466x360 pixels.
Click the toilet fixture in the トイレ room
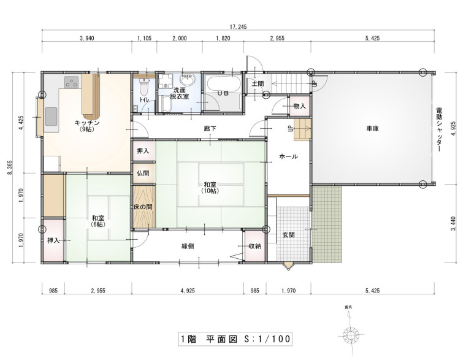pyautogui.click(x=144, y=85)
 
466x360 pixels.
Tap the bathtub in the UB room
pyautogui.click(x=223, y=85)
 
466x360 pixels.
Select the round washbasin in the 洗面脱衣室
pyautogui.click(x=187, y=80)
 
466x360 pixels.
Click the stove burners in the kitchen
pyautogui.click(x=72, y=82)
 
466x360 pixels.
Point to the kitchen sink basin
pyautogui.click(x=51, y=117)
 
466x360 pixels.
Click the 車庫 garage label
pyautogui.click(x=372, y=129)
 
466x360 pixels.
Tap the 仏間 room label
pyautogui.click(x=143, y=173)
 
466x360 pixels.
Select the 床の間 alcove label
pyautogui.click(x=143, y=207)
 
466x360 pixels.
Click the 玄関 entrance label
pyautogui.click(x=288, y=235)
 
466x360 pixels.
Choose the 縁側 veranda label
pyautogui.click(x=188, y=246)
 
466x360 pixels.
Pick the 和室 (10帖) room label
pyautogui.click(x=210, y=188)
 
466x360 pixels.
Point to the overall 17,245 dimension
pyautogui.click(x=238, y=27)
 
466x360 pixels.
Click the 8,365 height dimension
pyautogui.click(x=10, y=167)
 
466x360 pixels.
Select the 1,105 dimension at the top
pyautogui.click(x=144, y=38)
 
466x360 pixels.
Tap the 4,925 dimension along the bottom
pyautogui.click(x=188, y=291)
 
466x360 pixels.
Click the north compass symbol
pyautogui.click(x=351, y=334)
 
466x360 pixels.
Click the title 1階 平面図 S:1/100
pyautogui.click(x=235, y=339)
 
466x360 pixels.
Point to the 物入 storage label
pyautogui.click(x=299, y=106)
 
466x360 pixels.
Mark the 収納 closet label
pyautogui.click(x=254, y=246)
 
